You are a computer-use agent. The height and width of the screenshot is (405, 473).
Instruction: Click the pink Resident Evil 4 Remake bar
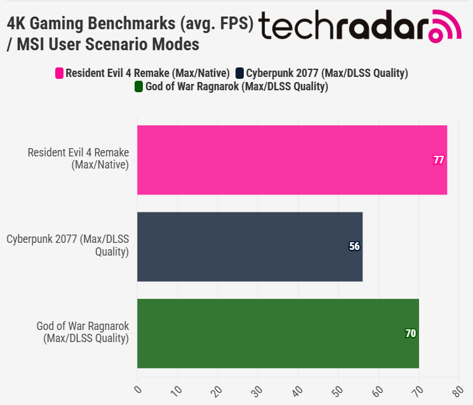coord(292,160)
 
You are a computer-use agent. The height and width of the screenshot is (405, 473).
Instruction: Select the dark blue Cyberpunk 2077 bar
coord(250,247)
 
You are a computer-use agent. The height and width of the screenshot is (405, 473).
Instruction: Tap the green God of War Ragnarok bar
coord(278,333)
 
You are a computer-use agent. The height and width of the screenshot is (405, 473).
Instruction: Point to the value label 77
coord(439,160)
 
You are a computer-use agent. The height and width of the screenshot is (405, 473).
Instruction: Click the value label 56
coord(354,247)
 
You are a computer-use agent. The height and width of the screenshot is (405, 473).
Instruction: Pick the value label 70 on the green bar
coord(411,333)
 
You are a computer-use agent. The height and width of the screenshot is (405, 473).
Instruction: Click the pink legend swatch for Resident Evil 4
coord(60,73)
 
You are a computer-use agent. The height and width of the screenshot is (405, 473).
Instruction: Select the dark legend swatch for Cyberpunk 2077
coord(239,73)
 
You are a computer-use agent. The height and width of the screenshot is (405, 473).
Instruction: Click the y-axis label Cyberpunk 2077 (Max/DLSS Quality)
coord(68,246)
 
